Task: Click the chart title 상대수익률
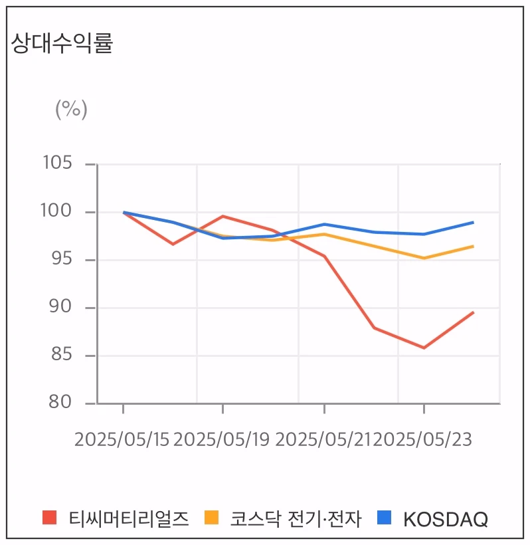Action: [x=62, y=43]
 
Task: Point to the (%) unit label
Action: [x=71, y=108]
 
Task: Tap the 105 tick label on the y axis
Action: [x=58, y=163]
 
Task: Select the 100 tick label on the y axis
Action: [x=58, y=211]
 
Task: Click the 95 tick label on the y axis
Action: [x=61, y=259]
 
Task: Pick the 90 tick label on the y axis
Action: [x=61, y=307]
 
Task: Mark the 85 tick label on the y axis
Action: [x=61, y=355]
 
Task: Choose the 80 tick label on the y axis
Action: [x=61, y=403]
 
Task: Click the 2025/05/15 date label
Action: [x=122, y=439]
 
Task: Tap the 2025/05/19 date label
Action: [x=222, y=439]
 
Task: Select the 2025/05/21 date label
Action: [x=323, y=439]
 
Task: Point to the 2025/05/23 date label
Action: [x=423, y=439]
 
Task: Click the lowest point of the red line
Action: [x=424, y=348]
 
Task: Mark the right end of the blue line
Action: [x=474, y=222]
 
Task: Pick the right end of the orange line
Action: [x=474, y=246]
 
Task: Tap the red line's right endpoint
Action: [x=474, y=312]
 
